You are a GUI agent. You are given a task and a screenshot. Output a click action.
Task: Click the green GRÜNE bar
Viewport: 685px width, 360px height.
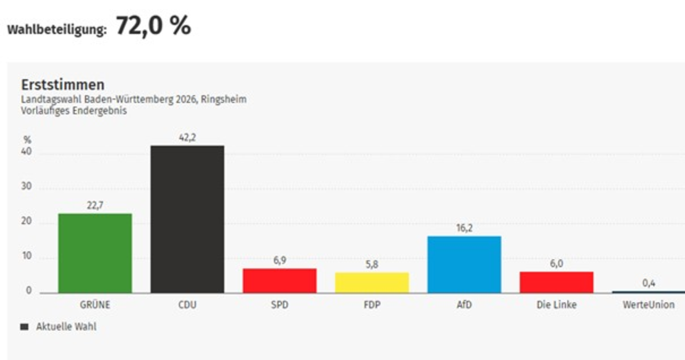(x=95, y=253)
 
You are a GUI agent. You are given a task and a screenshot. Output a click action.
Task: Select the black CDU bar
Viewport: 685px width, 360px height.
(x=187, y=219)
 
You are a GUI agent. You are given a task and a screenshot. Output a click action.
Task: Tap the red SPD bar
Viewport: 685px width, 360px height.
(x=279, y=280)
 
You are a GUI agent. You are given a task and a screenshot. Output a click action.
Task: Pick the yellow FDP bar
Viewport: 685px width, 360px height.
(x=372, y=282)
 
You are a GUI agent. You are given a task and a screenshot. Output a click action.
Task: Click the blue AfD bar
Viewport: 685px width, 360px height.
(x=464, y=264)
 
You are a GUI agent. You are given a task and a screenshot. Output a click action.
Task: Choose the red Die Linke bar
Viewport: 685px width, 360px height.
(x=557, y=282)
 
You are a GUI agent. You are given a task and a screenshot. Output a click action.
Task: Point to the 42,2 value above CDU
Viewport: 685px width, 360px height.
(x=187, y=138)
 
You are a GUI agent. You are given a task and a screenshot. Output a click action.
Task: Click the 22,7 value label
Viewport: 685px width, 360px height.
(x=95, y=206)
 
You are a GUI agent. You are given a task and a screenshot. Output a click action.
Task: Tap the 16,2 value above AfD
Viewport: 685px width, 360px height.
(x=464, y=228)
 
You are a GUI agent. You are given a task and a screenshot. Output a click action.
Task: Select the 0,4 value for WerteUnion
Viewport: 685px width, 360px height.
(x=649, y=284)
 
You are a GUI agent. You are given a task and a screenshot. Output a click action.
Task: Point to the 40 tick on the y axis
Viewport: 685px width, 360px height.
(x=27, y=152)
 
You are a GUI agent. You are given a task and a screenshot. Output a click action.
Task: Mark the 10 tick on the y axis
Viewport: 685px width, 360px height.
(x=27, y=257)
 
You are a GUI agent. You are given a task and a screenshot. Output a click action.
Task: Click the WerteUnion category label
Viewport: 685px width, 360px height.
(x=649, y=305)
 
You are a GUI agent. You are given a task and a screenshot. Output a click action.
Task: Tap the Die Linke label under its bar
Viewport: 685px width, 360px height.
(x=557, y=305)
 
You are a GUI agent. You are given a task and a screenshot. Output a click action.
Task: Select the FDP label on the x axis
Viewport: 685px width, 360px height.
(x=372, y=305)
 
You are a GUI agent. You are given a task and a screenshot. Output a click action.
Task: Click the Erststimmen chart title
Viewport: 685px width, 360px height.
(x=63, y=85)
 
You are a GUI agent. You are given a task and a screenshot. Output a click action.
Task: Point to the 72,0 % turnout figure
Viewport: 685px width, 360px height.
(x=153, y=26)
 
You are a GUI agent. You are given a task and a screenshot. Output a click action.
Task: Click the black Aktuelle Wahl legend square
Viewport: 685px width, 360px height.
(x=24, y=327)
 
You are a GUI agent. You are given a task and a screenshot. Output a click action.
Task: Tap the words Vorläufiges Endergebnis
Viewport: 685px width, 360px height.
(x=74, y=111)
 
